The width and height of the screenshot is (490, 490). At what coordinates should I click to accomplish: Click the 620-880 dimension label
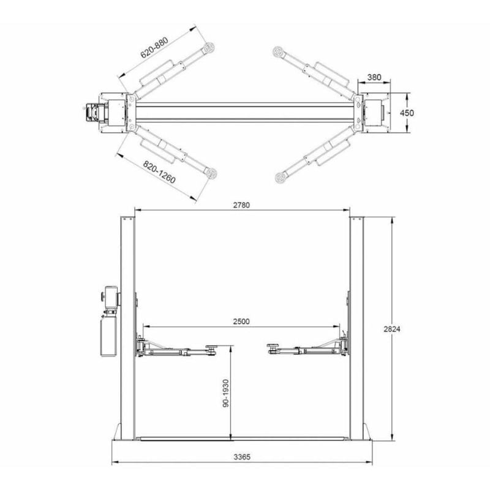point(154,48)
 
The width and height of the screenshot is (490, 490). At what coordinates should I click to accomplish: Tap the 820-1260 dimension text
point(159,172)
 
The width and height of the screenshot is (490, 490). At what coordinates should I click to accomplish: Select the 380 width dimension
point(374,77)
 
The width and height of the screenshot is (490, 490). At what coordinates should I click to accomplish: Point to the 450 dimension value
point(407,113)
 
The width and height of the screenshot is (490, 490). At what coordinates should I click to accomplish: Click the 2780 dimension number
point(241,205)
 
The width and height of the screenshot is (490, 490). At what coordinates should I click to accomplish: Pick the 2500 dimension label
point(241,322)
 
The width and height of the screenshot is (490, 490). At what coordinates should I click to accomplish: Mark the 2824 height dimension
point(392,329)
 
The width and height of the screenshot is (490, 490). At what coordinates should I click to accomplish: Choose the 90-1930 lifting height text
point(226,393)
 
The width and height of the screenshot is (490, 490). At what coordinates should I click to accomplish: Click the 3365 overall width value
point(242,457)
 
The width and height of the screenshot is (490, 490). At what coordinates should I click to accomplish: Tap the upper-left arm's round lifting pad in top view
point(209,48)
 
